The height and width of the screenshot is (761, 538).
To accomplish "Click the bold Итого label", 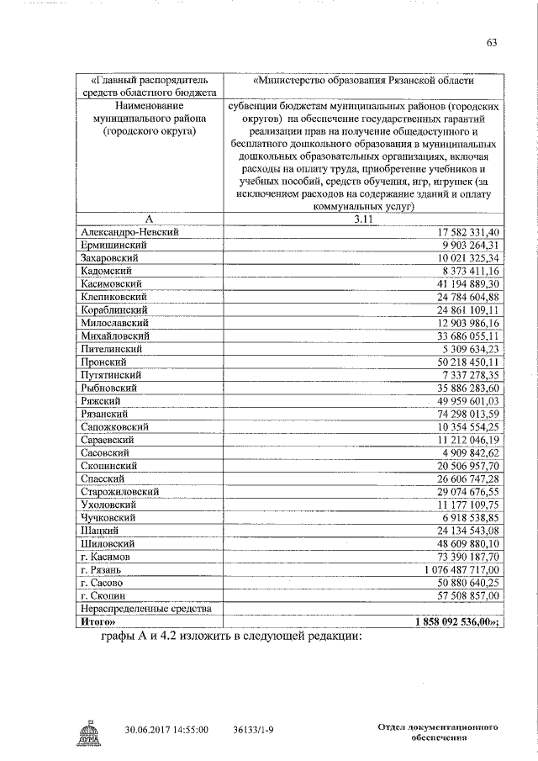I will coord(100,622).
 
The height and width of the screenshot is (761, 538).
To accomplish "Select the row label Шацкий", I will coord(98,531).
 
